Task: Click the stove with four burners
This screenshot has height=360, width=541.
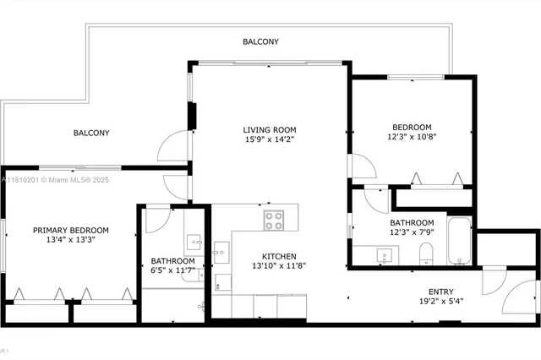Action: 274,221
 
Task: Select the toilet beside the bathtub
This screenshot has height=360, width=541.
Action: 427,253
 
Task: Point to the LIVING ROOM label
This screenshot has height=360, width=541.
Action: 270,130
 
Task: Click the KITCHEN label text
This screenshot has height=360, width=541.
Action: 278,256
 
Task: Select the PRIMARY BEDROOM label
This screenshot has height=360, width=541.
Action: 71,230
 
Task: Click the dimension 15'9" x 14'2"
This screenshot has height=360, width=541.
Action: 270,140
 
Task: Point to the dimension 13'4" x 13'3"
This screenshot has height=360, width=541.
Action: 71,240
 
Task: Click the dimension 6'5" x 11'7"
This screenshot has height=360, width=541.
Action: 173,270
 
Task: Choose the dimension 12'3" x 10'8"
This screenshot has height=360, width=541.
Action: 412,136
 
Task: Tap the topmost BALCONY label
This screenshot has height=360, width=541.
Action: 260,41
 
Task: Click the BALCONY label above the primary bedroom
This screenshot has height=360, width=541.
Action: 90,133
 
